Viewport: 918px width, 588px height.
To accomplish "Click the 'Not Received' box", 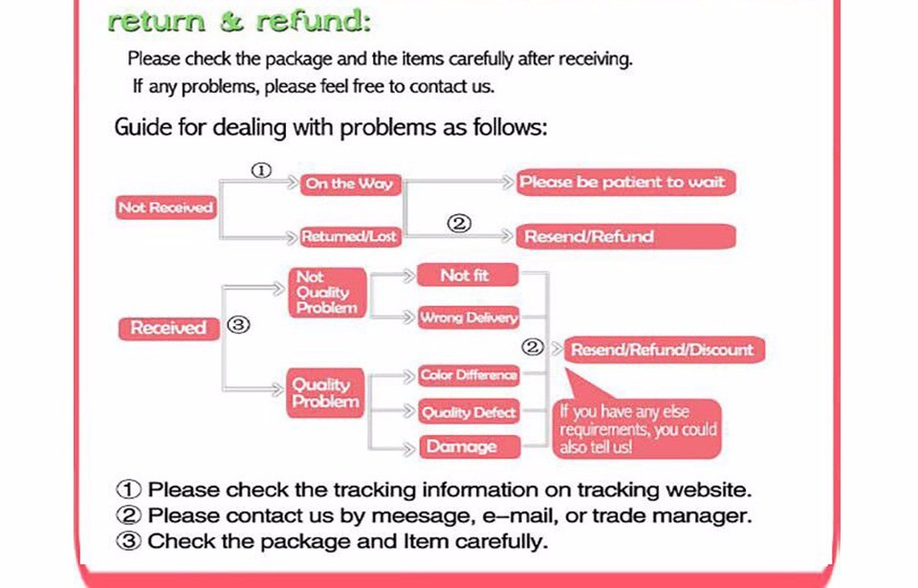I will pos(165,207).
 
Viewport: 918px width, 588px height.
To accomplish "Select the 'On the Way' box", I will pos(349,185).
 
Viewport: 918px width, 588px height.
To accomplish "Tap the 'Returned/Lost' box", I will pos(350,236).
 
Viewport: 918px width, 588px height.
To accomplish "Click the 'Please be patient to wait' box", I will pos(625,183).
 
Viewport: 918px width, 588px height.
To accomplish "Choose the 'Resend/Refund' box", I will pos(625,236).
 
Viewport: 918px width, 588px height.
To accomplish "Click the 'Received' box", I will pos(168,328).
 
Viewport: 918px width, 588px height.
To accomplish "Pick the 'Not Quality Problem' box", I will pos(327,293).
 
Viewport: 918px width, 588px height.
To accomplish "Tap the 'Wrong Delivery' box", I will pos(469,317).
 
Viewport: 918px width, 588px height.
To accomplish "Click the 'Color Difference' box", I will pos(469,376).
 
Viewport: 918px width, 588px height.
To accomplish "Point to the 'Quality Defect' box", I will pos(469,412).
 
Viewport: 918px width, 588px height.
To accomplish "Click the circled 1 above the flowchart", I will pos(261,170).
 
